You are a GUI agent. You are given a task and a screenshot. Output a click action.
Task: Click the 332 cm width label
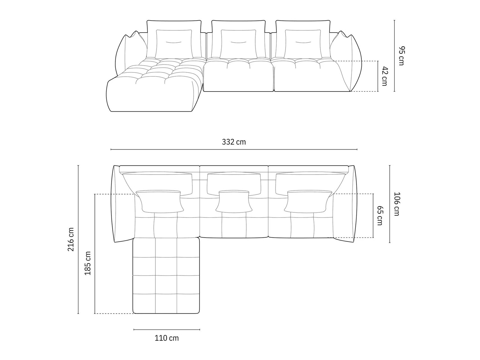click(x=234, y=142)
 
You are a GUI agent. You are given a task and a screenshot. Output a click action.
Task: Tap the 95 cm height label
click(x=401, y=56)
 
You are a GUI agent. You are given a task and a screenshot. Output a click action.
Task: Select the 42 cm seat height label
click(x=384, y=76)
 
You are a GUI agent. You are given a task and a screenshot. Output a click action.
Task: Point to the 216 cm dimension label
click(x=71, y=239)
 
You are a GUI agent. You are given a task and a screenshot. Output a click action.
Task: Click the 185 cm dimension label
click(x=88, y=263)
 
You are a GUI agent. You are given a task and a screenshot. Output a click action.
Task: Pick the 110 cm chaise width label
click(x=167, y=338)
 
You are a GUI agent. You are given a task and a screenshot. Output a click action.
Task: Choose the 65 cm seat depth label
click(x=380, y=215)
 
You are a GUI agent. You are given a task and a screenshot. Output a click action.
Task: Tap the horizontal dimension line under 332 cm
click(x=234, y=150)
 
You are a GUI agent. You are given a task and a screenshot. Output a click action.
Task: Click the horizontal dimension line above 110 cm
click(x=167, y=329)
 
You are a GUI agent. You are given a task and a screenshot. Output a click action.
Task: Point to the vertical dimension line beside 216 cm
click(x=78, y=239)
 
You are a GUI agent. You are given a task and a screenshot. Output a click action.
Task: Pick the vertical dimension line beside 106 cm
click(x=390, y=204)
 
